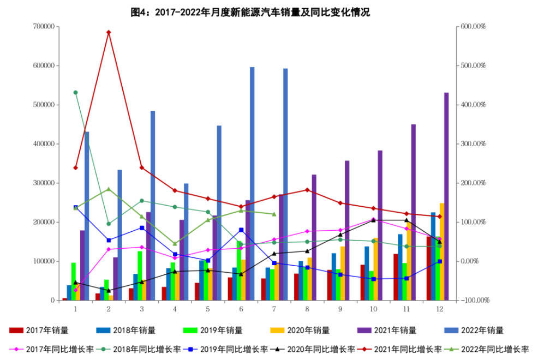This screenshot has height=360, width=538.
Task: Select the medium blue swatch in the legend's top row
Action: (x=100, y=328)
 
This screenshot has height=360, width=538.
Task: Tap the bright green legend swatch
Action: (x=186, y=328)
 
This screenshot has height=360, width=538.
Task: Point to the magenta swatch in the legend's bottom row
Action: (x=16, y=346)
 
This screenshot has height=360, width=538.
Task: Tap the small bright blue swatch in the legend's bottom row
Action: (x=190, y=346)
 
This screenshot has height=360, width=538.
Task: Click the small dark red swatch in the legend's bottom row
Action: (x=364, y=346)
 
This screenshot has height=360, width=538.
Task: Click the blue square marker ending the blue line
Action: (x=440, y=262)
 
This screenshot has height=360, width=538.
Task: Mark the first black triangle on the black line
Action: (x=77, y=282)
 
